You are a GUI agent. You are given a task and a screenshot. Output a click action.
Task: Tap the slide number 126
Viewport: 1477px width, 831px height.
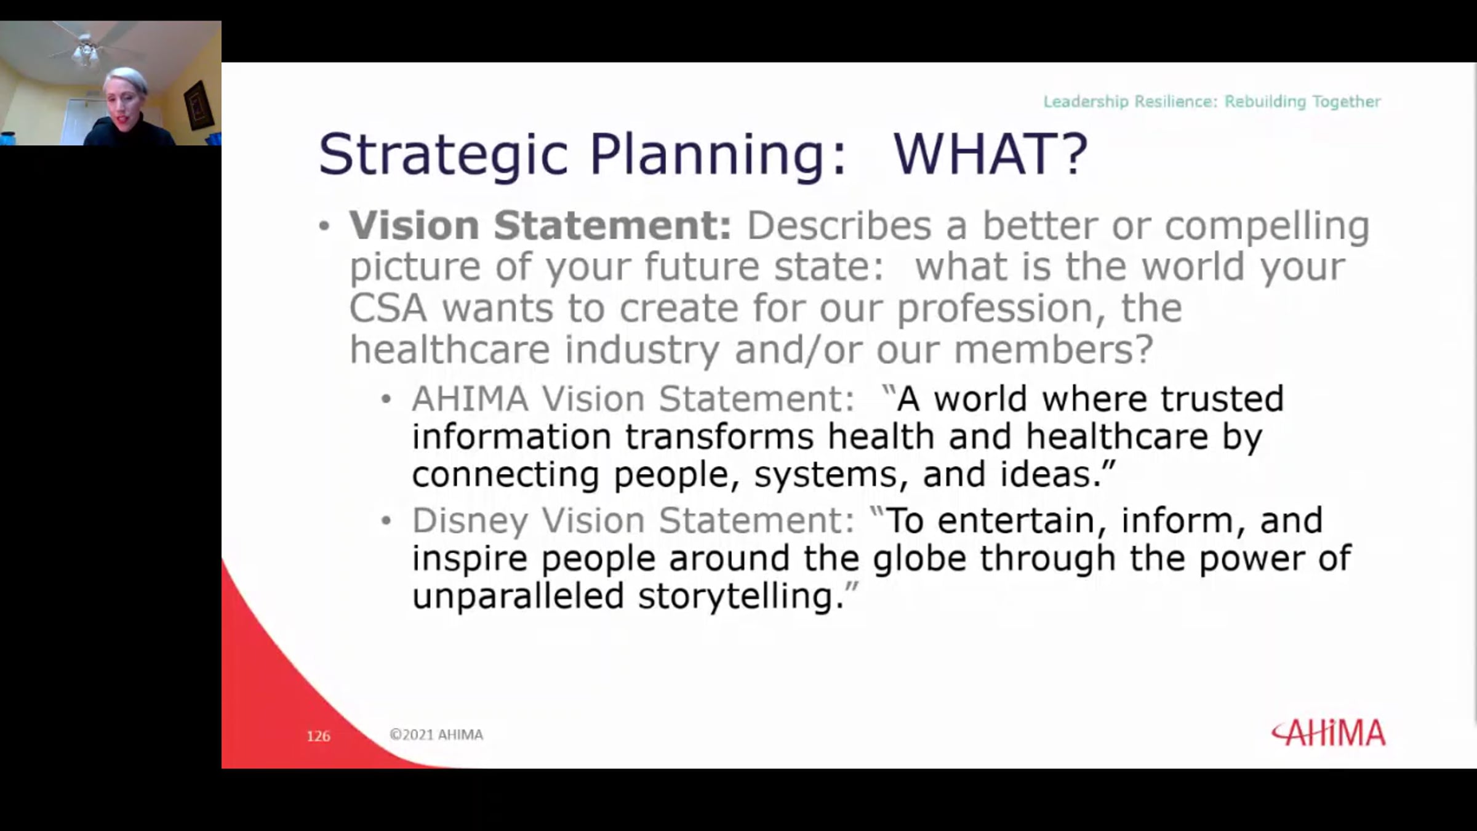coord(318,736)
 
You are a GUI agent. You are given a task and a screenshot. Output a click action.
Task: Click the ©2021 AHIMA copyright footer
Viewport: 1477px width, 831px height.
coord(436,734)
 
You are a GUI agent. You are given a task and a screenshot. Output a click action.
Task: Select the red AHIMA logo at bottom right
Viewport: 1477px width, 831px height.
coord(1329,733)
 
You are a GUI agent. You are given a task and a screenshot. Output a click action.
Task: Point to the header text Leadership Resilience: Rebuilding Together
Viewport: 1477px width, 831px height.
coord(1212,102)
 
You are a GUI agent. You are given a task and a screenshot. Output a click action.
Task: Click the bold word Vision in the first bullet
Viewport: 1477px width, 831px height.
coord(414,225)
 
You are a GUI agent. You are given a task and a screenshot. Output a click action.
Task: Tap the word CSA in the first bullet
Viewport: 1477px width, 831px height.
coord(388,308)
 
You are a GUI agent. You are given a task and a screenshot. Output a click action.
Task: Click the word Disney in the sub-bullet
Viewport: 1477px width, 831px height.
coord(470,521)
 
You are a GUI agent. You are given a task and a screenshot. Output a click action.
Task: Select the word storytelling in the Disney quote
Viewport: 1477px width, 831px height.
coord(741,596)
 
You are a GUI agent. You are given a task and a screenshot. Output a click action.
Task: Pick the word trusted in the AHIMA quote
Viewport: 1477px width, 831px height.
coord(1222,399)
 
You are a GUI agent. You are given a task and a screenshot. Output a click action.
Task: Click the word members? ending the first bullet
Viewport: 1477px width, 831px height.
coord(1053,350)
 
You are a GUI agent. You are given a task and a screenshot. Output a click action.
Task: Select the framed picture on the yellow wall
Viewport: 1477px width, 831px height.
coord(198,105)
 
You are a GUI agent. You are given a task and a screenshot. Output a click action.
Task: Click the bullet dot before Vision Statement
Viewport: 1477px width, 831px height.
coord(324,226)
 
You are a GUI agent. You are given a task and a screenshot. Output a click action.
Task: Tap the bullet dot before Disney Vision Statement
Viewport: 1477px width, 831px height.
coord(386,521)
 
